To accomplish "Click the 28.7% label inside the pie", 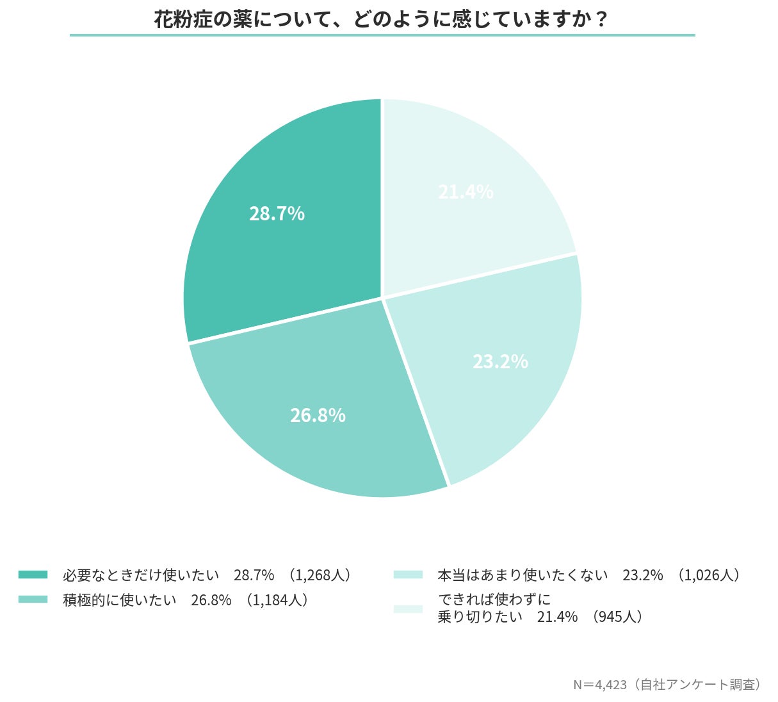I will pyautogui.click(x=277, y=214).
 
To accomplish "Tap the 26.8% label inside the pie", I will pyautogui.click(x=318, y=416).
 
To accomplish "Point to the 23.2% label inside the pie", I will pyautogui.click(x=500, y=362).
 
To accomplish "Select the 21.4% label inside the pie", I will pyautogui.click(x=466, y=192).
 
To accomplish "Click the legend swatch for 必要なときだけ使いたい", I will pyautogui.click(x=33, y=575).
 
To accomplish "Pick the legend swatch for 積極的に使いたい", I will pyautogui.click(x=33, y=600).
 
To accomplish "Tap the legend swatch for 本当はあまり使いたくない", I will pyautogui.click(x=408, y=575).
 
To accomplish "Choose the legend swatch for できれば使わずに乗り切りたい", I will pyautogui.click(x=408, y=608).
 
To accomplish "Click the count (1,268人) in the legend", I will pyautogui.click(x=320, y=575).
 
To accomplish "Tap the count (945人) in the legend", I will pyautogui.click(x=617, y=617).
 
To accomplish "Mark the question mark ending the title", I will pyautogui.click(x=600, y=19).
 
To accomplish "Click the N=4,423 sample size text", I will pyautogui.click(x=599, y=685).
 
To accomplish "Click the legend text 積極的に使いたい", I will pyautogui.click(x=120, y=600).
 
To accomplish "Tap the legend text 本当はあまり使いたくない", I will pyautogui.click(x=523, y=575).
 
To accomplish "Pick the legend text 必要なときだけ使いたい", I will pyautogui.click(x=141, y=575).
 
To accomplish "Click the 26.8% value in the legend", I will pyautogui.click(x=211, y=600).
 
